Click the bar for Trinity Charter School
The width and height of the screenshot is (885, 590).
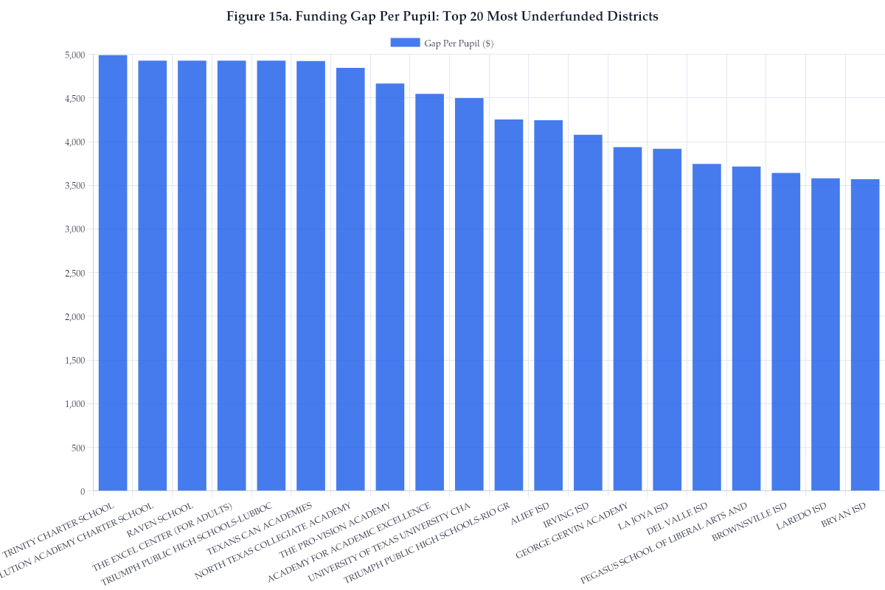click(x=113, y=273)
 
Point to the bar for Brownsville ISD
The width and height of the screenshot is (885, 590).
click(x=785, y=332)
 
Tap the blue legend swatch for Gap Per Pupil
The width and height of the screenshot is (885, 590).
click(x=405, y=43)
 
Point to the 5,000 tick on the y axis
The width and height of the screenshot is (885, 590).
click(x=74, y=55)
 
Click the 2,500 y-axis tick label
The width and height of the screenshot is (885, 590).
click(x=74, y=273)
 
